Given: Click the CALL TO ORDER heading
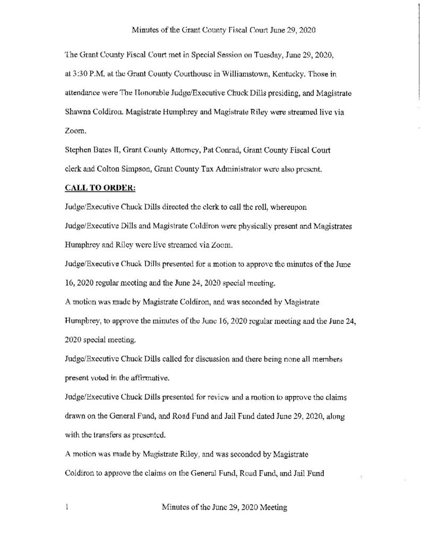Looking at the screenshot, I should [x=99, y=188].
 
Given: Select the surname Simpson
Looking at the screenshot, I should [x=145, y=169].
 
